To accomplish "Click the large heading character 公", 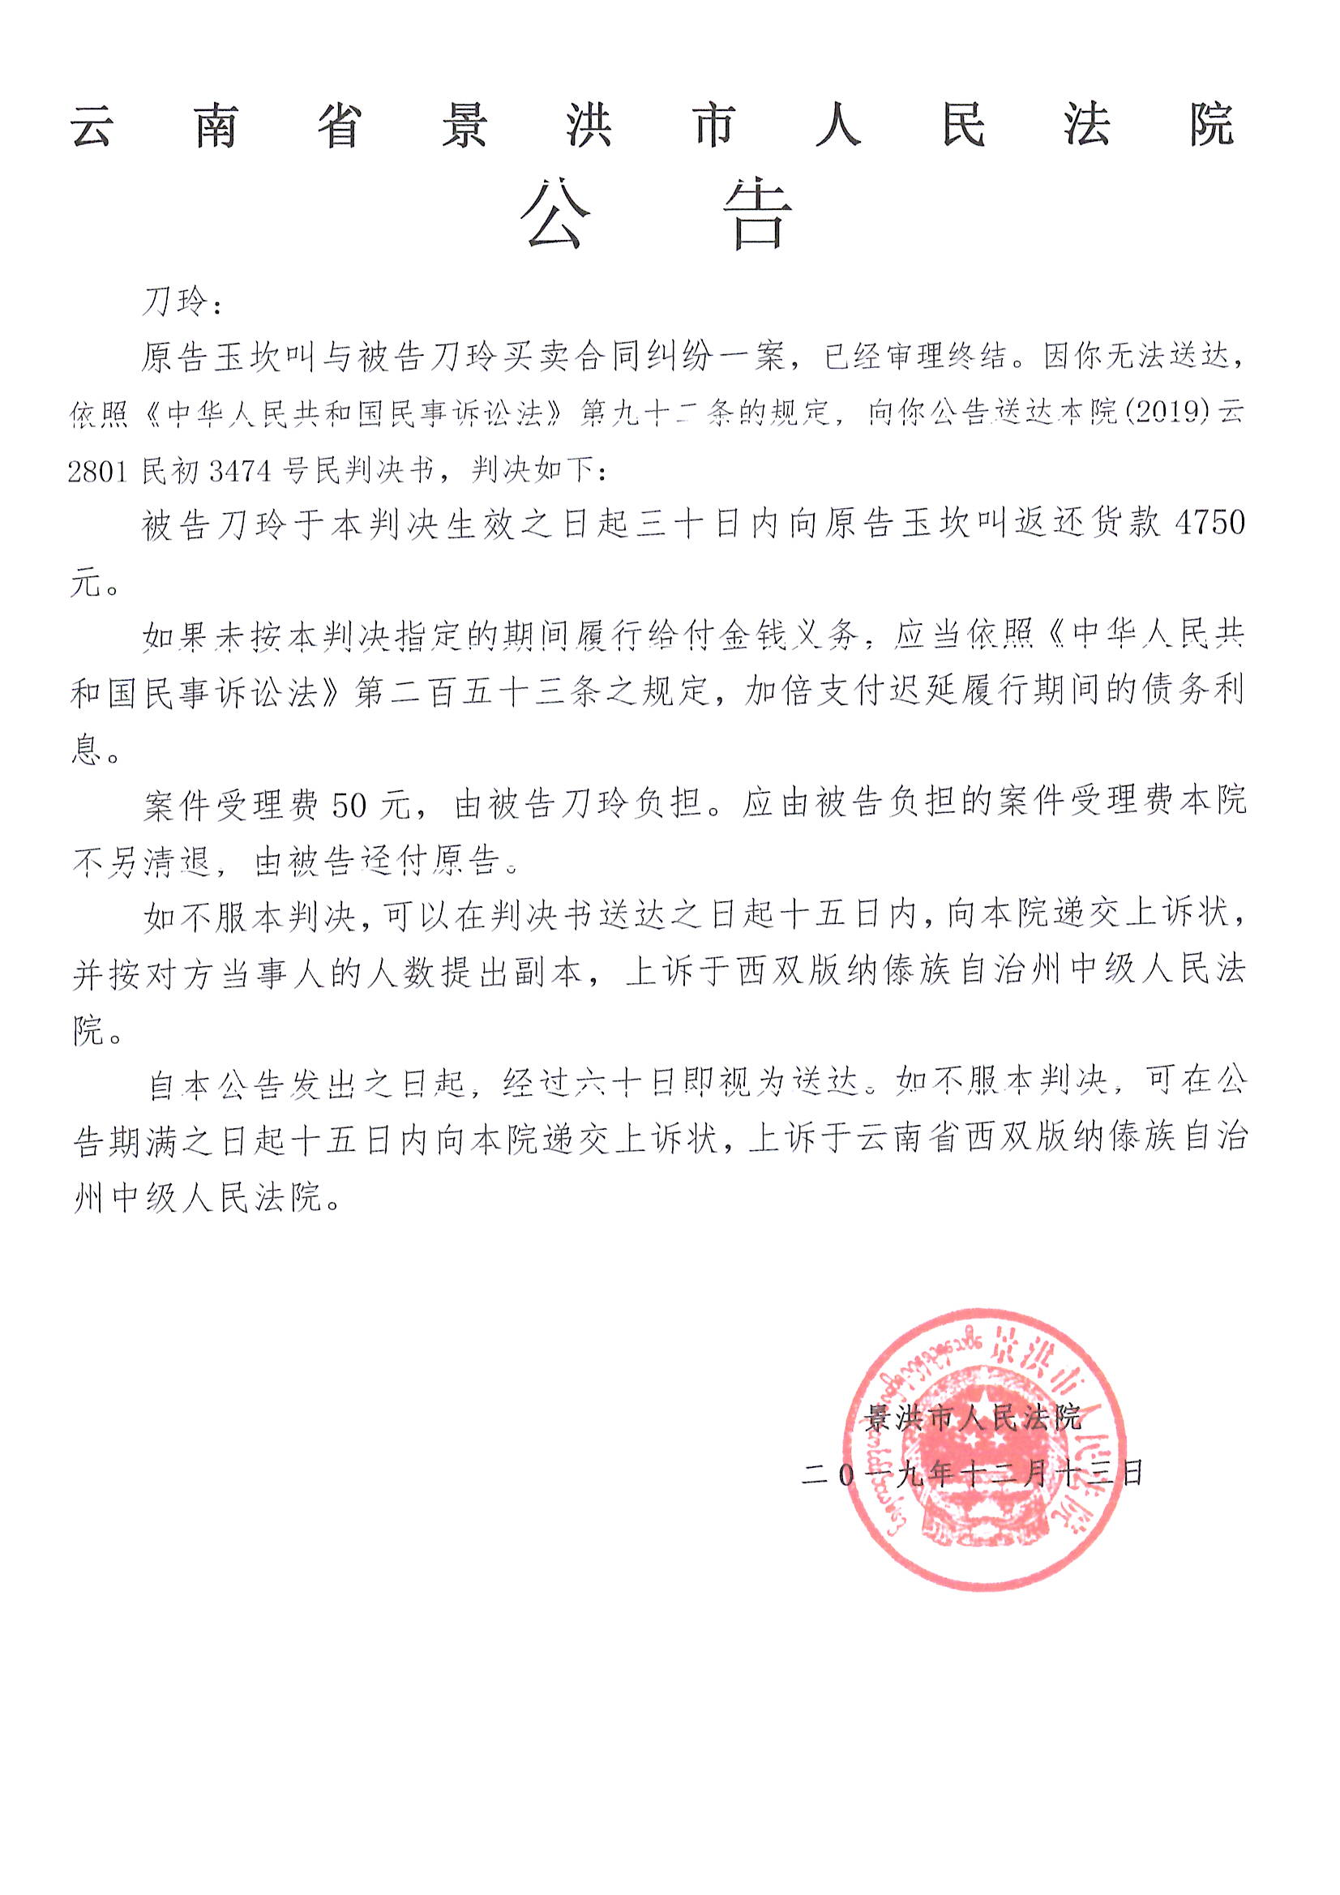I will (555, 216).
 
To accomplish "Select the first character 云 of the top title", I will (92, 127).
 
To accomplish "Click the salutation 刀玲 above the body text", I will (175, 302).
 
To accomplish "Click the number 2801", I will (97, 471).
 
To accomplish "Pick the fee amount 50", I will (349, 805).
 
